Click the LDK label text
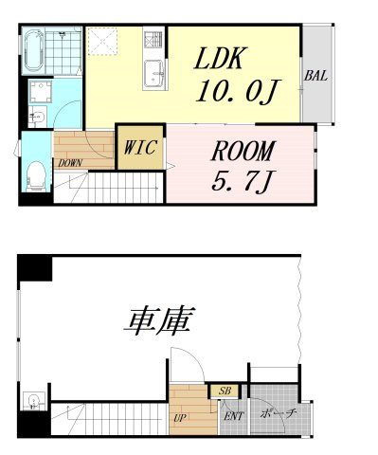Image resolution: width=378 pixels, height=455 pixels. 221,60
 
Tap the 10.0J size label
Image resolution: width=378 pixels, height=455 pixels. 235,93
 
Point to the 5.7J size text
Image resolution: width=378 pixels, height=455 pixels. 241,178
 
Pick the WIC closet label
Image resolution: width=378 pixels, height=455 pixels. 141,148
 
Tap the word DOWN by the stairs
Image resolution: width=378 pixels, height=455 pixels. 69,162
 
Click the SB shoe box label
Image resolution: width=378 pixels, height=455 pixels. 225,391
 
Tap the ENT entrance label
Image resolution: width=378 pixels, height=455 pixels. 231,415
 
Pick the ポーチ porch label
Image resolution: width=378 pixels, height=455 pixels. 279,413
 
